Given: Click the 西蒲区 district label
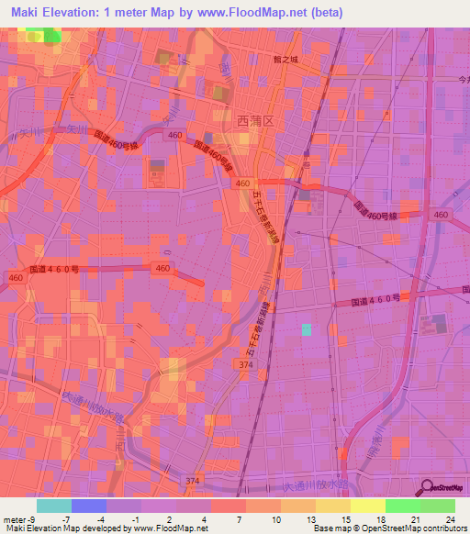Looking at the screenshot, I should pyautogui.click(x=230, y=118).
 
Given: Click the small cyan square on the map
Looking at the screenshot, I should pyautogui.click(x=307, y=329).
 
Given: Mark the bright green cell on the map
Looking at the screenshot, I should pyautogui.click(x=50, y=36).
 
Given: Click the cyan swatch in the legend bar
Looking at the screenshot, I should pyautogui.click(x=54, y=506).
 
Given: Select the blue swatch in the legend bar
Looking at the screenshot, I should pyautogui.click(x=89, y=506).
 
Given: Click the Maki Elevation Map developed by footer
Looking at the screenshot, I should pyautogui.click(x=83, y=528).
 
